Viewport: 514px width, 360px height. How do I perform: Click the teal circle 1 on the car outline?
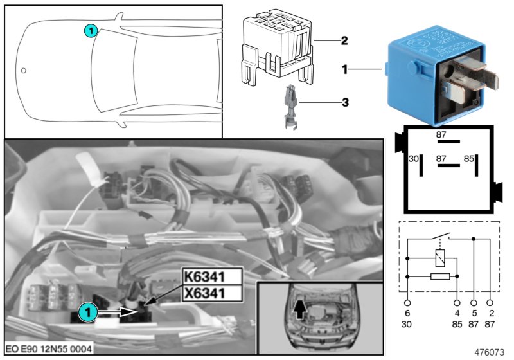[x=91, y=30]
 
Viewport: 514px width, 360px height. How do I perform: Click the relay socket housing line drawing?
[x=274, y=50]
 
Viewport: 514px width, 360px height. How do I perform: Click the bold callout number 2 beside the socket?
[x=344, y=40]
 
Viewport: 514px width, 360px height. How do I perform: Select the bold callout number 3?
[x=344, y=101]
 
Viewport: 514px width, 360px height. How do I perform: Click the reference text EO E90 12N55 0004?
[x=49, y=348]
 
